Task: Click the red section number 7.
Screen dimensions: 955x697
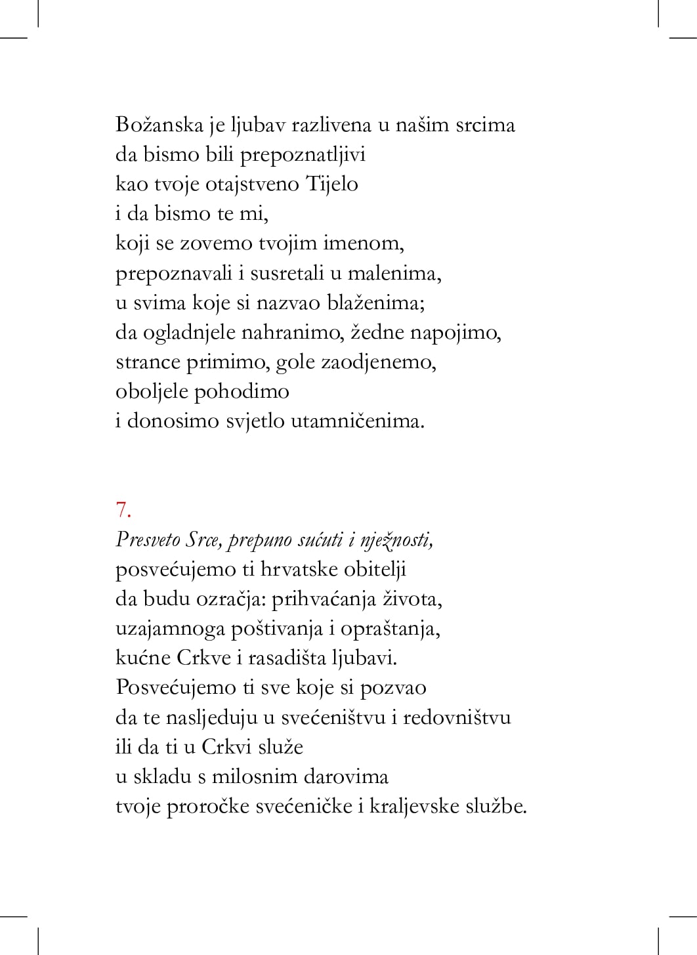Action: (123, 510)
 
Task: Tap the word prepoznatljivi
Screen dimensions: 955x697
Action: (303, 155)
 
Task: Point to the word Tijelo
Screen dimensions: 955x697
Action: (331, 184)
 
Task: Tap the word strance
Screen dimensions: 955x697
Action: (148, 362)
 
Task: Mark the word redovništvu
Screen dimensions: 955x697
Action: (457, 717)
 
